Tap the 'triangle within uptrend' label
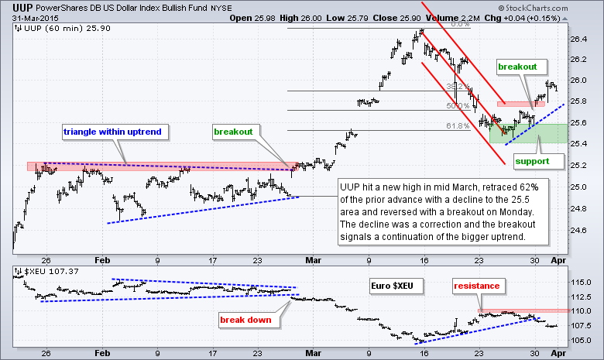(x=112, y=132)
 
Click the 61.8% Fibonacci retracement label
(x=458, y=125)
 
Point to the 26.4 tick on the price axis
(x=578, y=38)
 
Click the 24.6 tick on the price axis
(x=578, y=230)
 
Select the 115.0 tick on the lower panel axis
(x=581, y=281)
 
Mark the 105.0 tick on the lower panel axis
(x=581, y=340)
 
